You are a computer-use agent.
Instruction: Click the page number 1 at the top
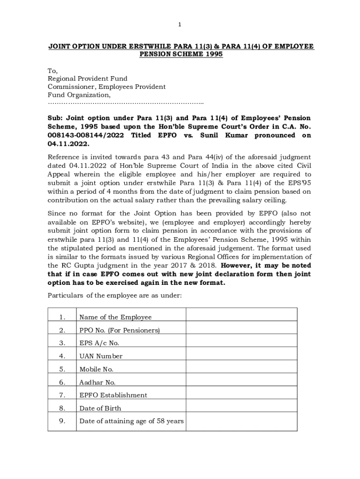coord(180,24)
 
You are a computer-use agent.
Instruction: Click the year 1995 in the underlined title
coord(213,54)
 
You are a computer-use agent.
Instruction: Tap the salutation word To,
coord(52,71)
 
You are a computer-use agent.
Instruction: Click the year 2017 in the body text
coord(176,266)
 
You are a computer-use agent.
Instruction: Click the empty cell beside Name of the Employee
coord(241,314)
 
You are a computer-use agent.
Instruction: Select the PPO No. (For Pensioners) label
coord(119,330)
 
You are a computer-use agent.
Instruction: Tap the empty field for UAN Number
coord(241,356)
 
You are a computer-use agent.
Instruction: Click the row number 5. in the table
coord(62,369)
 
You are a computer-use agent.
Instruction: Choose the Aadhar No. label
coord(97,382)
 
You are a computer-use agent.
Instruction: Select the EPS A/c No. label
coord(99,343)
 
